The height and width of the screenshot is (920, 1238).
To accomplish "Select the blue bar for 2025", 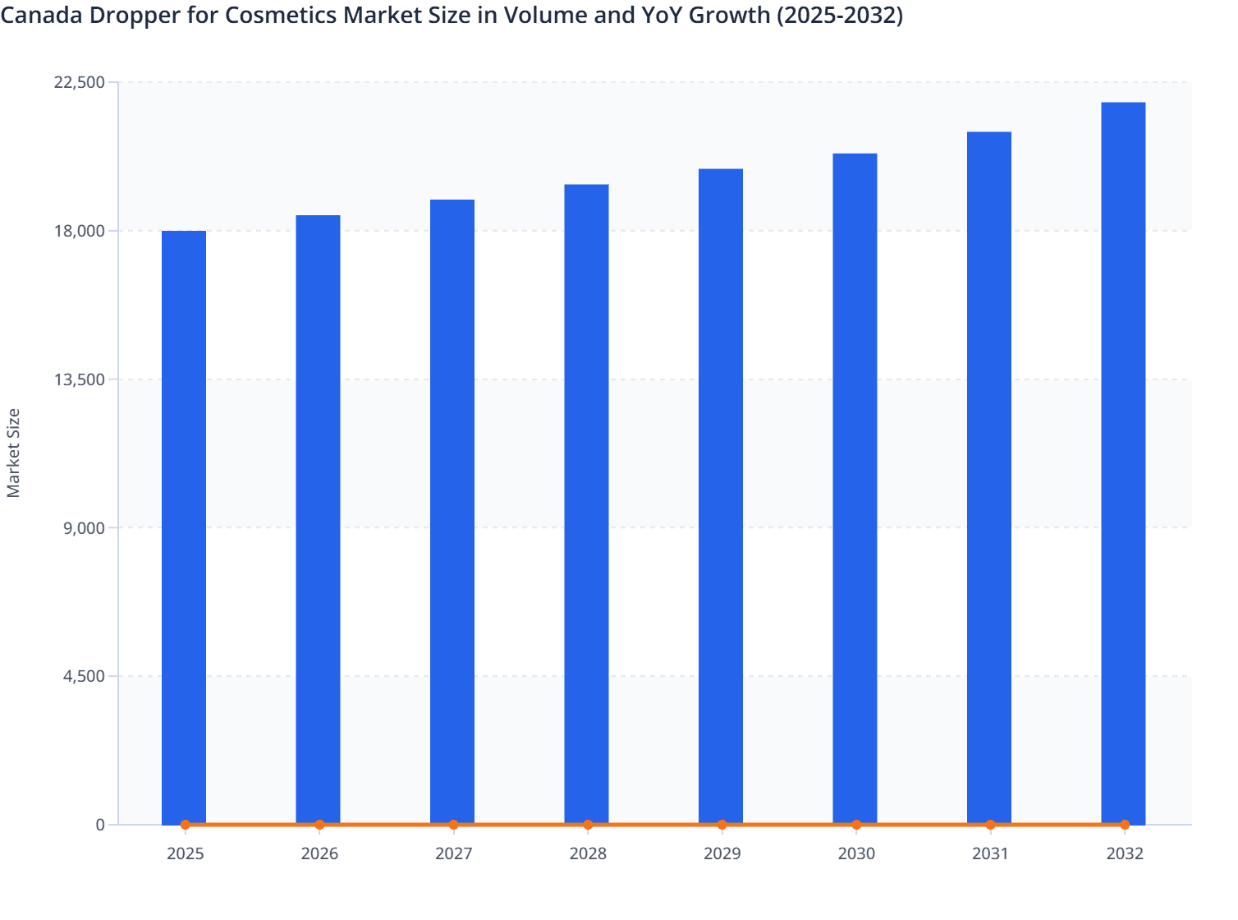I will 184,526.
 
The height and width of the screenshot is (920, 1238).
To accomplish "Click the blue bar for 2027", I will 452,509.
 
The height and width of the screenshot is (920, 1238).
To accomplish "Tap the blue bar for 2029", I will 721,493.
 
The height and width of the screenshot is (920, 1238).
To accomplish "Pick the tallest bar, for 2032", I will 1123,460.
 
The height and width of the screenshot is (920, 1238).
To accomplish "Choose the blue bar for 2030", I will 855,485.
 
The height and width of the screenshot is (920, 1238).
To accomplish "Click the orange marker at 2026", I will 319,825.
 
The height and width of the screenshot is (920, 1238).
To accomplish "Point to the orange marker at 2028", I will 588,825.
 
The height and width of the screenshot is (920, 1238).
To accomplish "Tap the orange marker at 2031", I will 990,825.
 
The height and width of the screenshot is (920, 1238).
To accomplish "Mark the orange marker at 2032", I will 1125,825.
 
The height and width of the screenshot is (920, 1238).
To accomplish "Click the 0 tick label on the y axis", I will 100,825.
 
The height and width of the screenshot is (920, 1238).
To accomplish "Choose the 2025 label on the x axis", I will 185,854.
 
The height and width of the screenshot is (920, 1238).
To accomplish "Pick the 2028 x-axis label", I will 588,854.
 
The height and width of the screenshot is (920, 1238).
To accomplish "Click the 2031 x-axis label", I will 990,854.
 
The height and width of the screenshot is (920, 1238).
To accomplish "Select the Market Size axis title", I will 13,453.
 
